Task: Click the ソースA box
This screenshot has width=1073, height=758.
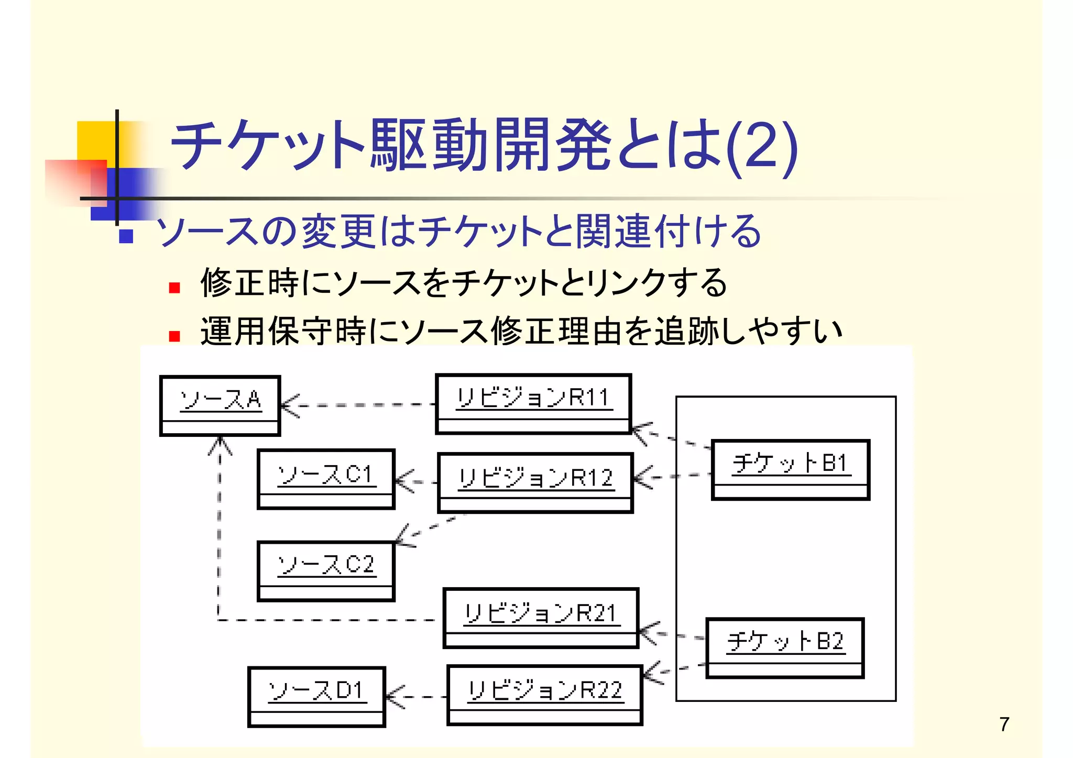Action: tap(220, 405)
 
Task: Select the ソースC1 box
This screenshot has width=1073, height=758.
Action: tap(326, 479)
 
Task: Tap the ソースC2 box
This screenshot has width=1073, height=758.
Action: tap(326, 571)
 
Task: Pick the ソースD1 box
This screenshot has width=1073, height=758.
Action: tap(316, 697)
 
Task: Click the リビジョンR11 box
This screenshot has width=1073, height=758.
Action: tap(533, 404)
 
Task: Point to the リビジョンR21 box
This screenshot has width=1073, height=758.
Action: tap(541, 618)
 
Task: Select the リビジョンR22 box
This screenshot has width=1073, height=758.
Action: tap(545, 695)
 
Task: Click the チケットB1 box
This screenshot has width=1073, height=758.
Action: tap(790, 470)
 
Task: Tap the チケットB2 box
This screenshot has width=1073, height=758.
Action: tap(785, 648)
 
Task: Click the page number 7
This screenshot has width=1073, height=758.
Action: tap(1004, 724)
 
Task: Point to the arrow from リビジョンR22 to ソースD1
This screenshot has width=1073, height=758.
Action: tap(416, 697)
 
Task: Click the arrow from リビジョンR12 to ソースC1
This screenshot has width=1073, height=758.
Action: tap(416, 481)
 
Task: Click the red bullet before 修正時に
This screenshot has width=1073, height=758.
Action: tap(174, 288)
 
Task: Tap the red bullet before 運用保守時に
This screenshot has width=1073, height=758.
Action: tap(174, 336)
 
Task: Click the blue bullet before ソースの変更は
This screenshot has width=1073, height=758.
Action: tap(126, 236)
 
